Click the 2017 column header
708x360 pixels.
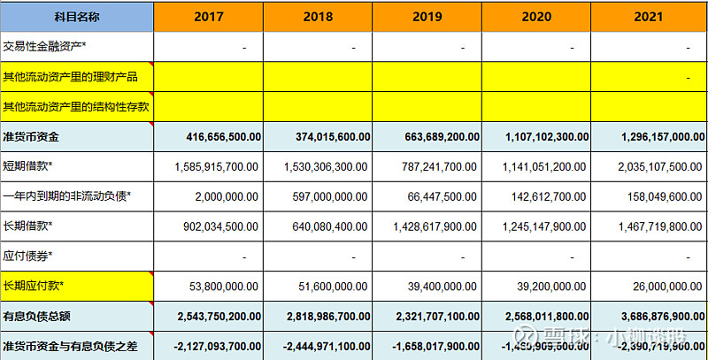click(x=208, y=16)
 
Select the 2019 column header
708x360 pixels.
click(x=427, y=16)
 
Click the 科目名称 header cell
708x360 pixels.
click(x=77, y=16)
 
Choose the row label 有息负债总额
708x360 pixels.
click(x=37, y=316)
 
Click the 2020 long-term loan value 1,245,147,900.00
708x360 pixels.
click(x=539, y=226)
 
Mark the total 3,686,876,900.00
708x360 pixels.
click(x=649, y=316)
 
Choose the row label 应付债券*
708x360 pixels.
click(x=28, y=256)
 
